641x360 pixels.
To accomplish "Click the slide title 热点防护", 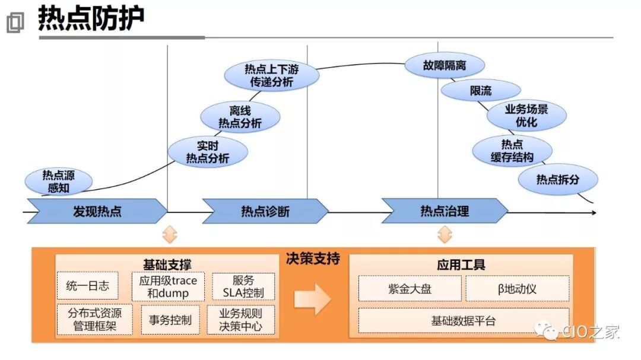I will [91, 19].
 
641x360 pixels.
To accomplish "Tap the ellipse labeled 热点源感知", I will [59, 181].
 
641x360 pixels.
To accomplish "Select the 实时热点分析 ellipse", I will [207, 151].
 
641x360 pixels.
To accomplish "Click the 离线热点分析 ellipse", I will [240, 117].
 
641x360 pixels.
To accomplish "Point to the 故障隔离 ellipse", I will [445, 65].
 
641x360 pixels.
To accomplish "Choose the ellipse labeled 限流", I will [481, 91].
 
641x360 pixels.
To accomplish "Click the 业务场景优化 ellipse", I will [526, 116].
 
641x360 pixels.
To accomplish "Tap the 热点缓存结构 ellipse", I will [512, 151].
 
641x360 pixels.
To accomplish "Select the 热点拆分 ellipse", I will [557, 179].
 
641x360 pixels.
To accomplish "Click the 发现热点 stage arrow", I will [97, 211].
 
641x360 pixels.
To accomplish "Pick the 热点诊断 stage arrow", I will [265, 211].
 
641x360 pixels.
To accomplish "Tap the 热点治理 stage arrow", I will [445, 211].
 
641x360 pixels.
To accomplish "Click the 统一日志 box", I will [87, 286].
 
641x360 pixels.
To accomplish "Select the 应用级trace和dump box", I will [168, 286].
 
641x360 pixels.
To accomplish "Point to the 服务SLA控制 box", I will [243, 286].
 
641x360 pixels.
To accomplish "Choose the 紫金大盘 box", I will [410, 289].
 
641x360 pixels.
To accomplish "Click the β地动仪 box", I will [517, 289].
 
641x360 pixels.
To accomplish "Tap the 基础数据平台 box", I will [463, 321].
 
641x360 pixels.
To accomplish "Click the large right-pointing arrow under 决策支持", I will [312, 298].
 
